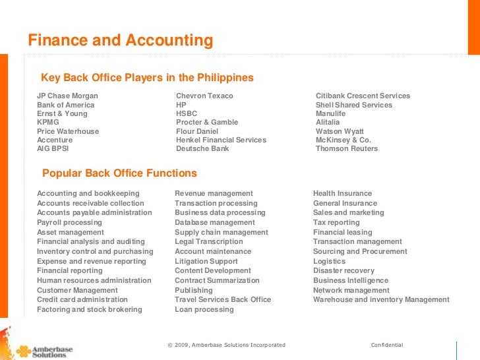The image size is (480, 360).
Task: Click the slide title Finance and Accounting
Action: tap(120, 41)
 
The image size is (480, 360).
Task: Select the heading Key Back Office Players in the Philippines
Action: tap(147, 78)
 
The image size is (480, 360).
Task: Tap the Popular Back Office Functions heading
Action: tap(119, 173)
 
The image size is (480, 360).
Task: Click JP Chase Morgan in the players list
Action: tap(67, 96)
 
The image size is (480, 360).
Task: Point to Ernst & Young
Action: tap(62, 113)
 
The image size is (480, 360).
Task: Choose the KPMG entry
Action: tap(47, 123)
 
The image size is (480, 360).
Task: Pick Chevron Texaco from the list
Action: tap(204, 96)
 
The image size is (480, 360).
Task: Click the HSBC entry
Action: tap(187, 113)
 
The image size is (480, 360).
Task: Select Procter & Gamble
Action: tap(207, 123)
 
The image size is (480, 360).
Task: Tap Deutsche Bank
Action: tap(202, 149)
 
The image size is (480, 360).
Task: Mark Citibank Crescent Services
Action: tap(363, 96)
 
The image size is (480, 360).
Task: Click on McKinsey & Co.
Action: tap(344, 140)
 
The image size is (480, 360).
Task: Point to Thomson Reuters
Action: tap(347, 149)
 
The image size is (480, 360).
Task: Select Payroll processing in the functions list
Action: tap(69, 223)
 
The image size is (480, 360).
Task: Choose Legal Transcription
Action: tap(208, 242)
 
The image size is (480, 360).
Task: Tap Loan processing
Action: tap(204, 310)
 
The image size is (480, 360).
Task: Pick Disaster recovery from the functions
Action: tap(344, 271)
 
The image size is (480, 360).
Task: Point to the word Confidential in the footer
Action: tap(387, 345)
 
